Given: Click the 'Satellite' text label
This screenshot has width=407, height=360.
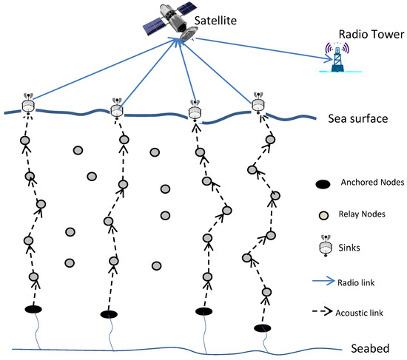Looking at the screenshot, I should coord(218,22).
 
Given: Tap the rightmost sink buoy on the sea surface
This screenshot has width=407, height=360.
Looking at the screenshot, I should coord(258,105).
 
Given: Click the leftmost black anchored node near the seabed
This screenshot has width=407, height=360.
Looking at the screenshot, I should coord(33,309).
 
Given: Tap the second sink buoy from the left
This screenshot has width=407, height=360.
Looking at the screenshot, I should coord(116,108).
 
